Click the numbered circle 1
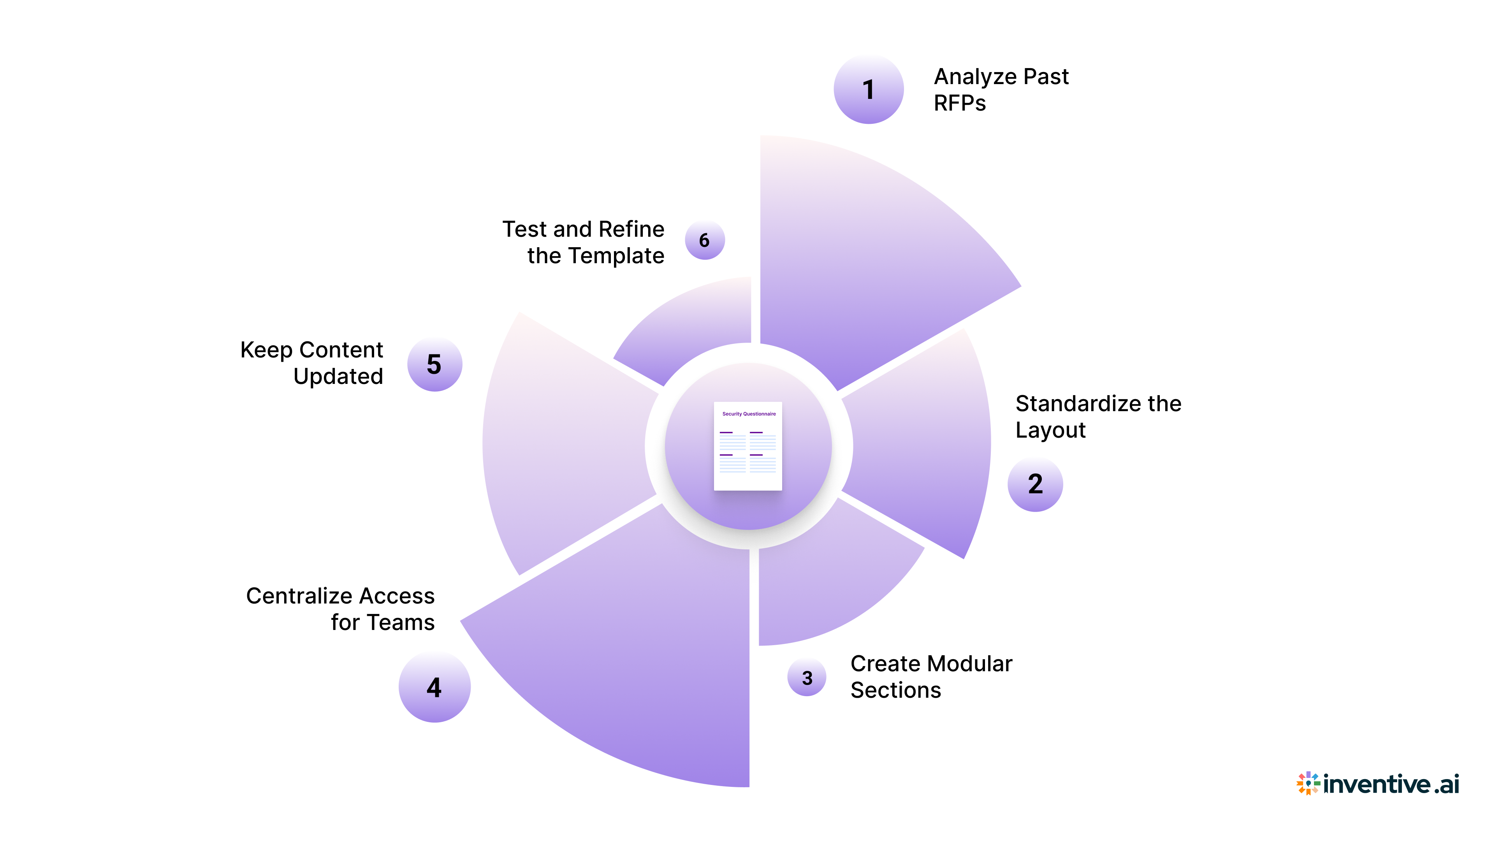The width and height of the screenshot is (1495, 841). tap(868, 90)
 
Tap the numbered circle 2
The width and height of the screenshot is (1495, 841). tap(1035, 484)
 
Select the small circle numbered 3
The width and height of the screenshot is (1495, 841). tap(807, 677)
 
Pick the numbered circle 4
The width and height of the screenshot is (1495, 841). tap(434, 687)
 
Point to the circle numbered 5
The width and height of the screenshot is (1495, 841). tap(434, 364)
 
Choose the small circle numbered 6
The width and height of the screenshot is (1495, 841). tap(705, 240)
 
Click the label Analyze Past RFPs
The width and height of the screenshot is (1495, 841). tap(1001, 90)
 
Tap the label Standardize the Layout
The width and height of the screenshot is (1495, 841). tap(1098, 416)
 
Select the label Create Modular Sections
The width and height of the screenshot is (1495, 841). tap(930, 676)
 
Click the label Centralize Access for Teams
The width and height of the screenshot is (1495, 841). tap(341, 609)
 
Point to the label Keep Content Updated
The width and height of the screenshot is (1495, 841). tap(312, 363)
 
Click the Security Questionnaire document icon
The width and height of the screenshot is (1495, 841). tap(747, 446)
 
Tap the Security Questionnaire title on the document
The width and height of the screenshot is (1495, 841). tap(749, 414)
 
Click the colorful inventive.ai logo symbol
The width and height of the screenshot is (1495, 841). tap(1308, 783)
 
